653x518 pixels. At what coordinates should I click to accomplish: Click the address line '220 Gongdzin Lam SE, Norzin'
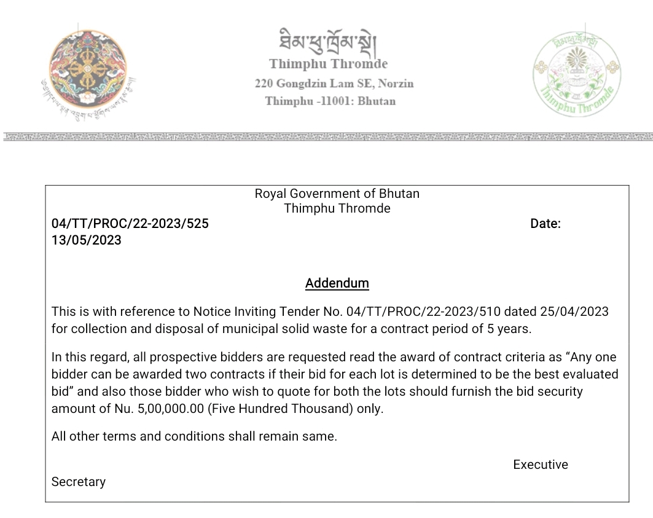tap(334, 84)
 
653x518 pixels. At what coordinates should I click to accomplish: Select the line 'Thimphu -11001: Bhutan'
tap(330, 101)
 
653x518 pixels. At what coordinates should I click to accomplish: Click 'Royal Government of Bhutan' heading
tap(337, 194)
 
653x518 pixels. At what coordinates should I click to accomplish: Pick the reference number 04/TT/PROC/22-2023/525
tap(130, 224)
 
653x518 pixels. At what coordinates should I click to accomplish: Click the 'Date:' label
tap(545, 224)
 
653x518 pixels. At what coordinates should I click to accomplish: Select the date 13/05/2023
tap(87, 240)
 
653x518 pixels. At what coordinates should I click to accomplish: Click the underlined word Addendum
tap(337, 283)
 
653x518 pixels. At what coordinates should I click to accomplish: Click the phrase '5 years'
tap(509, 329)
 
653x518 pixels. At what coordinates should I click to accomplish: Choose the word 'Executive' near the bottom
tap(541, 465)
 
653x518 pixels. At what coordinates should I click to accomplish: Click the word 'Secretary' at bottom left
tap(79, 482)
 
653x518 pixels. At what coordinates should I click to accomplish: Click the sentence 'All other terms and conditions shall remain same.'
tap(194, 437)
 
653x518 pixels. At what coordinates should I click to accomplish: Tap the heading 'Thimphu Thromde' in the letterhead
tap(328, 64)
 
